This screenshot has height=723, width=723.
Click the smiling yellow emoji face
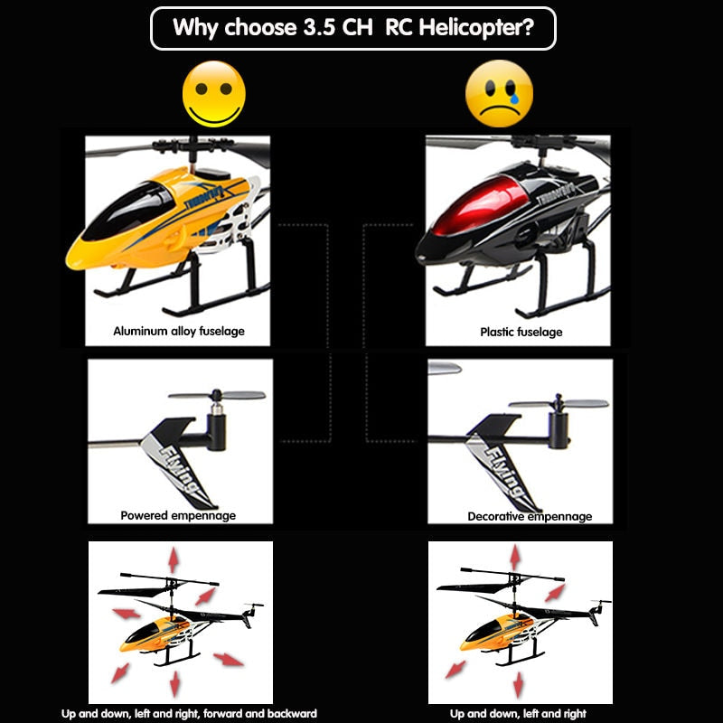[x=213, y=94]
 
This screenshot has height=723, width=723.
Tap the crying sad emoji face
[x=499, y=94]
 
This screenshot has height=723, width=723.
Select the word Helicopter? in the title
[x=476, y=27]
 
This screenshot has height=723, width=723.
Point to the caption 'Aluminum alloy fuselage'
[x=179, y=331]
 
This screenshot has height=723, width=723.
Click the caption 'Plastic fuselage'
[x=521, y=332]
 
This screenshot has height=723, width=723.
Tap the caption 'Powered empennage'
[x=178, y=515]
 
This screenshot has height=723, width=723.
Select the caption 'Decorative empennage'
[x=530, y=516]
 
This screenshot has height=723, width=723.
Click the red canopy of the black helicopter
[x=480, y=205]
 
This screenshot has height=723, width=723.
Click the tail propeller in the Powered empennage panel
[x=217, y=396]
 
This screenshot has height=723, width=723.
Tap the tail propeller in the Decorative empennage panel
[x=559, y=403]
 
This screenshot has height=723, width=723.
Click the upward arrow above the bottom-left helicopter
[x=174, y=559]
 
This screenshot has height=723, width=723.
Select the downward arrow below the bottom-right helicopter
[x=519, y=685]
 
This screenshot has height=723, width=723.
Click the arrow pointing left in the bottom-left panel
[x=127, y=614]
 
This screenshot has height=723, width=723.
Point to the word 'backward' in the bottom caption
[x=292, y=713]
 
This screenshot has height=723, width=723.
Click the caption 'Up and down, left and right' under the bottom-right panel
[x=518, y=714]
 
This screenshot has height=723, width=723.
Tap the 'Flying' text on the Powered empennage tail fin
[x=180, y=470]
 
